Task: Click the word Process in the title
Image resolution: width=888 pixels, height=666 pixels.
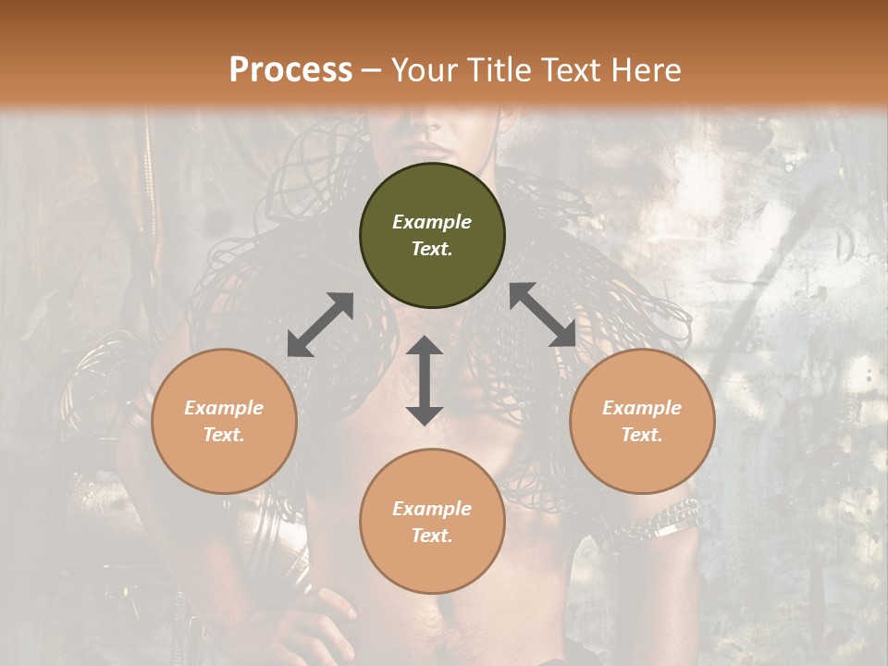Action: click(x=290, y=69)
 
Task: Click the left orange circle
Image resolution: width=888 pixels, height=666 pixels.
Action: click(x=224, y=421)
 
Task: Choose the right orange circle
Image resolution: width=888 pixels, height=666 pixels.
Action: click(x=642, y=421)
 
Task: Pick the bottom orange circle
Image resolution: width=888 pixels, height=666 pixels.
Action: click(x=432, y=521)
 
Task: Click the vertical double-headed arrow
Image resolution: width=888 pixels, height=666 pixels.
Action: click(x=425, y=380)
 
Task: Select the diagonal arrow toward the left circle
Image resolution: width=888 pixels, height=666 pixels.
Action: click(x=320, y=325)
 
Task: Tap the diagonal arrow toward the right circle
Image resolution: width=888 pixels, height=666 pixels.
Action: click(x=542, y=314)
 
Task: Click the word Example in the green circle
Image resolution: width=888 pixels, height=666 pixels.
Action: click(x=432, y=222)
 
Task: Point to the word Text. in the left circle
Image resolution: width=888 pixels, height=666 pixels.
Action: click(x=224, y=435)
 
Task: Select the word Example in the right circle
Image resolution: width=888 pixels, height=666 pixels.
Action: click(x=642, y=408)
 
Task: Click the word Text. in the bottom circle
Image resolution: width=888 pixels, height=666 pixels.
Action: click(x=432, y=536)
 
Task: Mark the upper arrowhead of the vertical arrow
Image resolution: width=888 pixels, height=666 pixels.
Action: click(x=425, y=348)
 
